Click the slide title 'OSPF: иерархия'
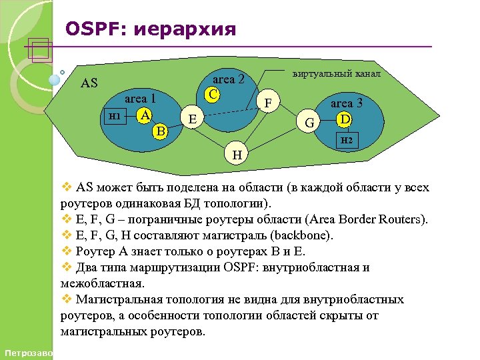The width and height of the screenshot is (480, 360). click(x=151, y=29)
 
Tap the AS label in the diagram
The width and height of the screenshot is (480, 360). click(x=89, y=83)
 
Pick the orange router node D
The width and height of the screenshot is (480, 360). click(x=344, y=119)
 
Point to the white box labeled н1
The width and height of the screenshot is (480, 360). click(x=114, y=116)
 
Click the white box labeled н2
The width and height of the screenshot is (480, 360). click(x=346, y=139)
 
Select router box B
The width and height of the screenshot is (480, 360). click(x=160, y=130)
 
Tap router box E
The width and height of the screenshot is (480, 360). click(x=193, y=119)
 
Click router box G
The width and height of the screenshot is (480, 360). click(x=309, y=122)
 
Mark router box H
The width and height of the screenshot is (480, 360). click(x=237, y=154)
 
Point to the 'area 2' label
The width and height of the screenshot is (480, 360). click(x=229, y=79)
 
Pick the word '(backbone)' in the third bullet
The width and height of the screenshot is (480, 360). click(x=301, y=235)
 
